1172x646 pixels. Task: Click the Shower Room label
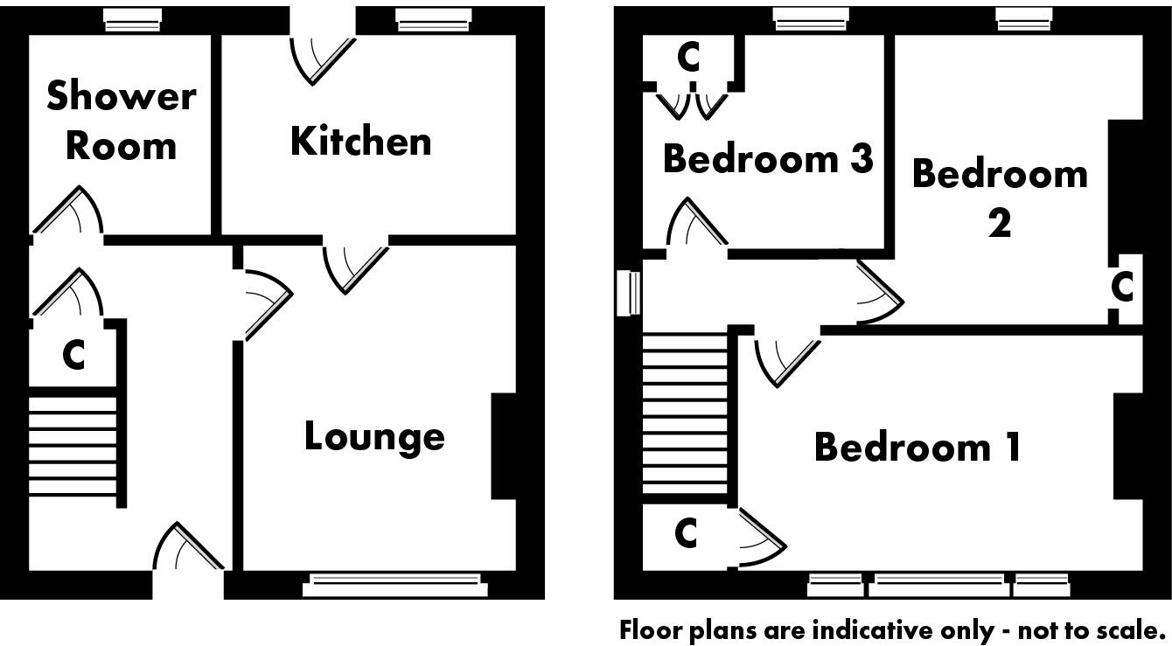[121, 121]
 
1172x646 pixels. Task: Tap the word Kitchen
[360, 141]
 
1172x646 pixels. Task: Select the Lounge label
[373, 436]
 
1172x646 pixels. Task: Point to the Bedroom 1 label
[917, 447]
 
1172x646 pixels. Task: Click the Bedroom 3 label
[768, 159]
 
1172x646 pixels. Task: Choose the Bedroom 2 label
[1000, 198]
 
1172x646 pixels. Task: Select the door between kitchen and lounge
[355, 267]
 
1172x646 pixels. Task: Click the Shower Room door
[70, 213]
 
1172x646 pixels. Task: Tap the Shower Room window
[132, 19]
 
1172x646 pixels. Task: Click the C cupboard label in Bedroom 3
[689, 58]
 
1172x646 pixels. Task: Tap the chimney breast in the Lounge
[505, 446]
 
